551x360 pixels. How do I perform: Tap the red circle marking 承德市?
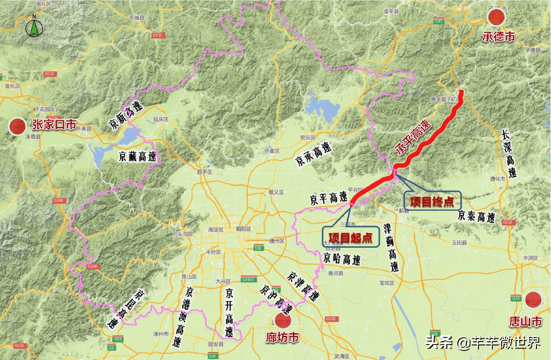point(496,18)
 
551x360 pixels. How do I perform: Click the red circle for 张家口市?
point(18,126)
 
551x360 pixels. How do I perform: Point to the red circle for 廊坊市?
point(280,319)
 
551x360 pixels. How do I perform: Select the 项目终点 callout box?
point(432,201)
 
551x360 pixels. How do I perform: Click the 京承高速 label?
point(313,154)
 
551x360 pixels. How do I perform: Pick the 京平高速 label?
point(328,197)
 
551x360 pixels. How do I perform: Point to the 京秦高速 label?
point(476,217)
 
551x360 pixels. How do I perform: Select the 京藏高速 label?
point(137,156)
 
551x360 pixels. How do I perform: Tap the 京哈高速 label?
point(342,259)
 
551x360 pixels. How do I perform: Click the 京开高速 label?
point(229,312)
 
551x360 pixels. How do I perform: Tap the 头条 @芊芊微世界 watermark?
point(483,343)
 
